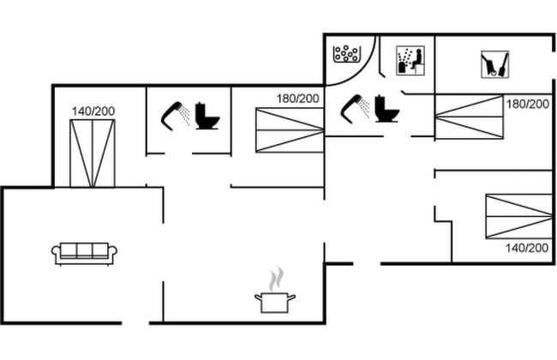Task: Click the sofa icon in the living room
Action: (x=84, y=253)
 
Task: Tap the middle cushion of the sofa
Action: (x=84, y=250)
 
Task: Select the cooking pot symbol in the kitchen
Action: (x=274, y=301)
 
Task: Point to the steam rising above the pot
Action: (x=274, y=279)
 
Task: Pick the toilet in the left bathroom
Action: (x=207, y=116)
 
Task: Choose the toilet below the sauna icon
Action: (x=387, y=108)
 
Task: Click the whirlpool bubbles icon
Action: (x=346, y=54)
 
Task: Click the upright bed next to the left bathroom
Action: (x=92, y=153)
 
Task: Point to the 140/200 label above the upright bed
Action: (x=93, y=111)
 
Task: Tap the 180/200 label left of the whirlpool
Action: (x=297, y=98)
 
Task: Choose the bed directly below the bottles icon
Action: (x=468, y=117)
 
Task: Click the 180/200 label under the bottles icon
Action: (x=528, y=104)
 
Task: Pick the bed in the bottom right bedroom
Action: (x=518, y=216)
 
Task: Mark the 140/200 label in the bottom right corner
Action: (x=527, y=248)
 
